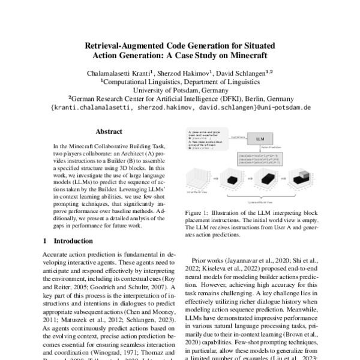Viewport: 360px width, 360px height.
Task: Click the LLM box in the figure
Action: point(259,139)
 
